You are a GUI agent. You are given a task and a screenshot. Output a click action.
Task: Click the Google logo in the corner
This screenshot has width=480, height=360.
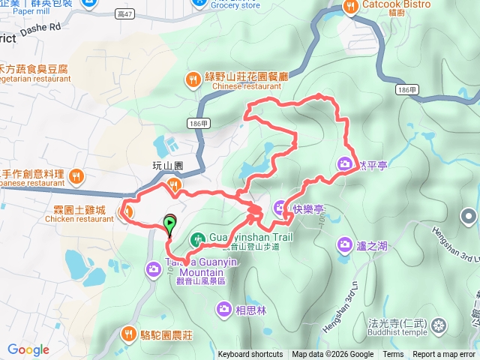point(28,349)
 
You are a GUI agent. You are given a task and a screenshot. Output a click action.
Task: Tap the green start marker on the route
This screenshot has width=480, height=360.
point(170,222)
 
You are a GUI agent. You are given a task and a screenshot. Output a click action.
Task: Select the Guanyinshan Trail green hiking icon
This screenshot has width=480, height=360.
point(196,239)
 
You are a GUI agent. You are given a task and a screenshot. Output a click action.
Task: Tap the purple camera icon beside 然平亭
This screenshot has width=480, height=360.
point(344,163)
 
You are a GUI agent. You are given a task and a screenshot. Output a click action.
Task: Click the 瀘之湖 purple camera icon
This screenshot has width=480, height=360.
point(344,243)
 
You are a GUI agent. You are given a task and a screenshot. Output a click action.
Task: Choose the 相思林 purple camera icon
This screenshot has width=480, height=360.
point(223,308)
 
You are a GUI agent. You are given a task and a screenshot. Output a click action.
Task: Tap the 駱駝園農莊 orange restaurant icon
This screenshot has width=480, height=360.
point(128,333)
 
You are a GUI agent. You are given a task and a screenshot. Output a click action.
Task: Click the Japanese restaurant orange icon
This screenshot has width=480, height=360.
point(76,177)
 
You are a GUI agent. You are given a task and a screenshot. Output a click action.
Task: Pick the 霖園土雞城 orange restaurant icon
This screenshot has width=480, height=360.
point(127,213)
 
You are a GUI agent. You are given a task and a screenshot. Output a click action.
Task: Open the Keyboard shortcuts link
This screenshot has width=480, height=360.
point(250,355)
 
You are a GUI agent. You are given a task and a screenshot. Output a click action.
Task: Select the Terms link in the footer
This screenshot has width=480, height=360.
point(393,355)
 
